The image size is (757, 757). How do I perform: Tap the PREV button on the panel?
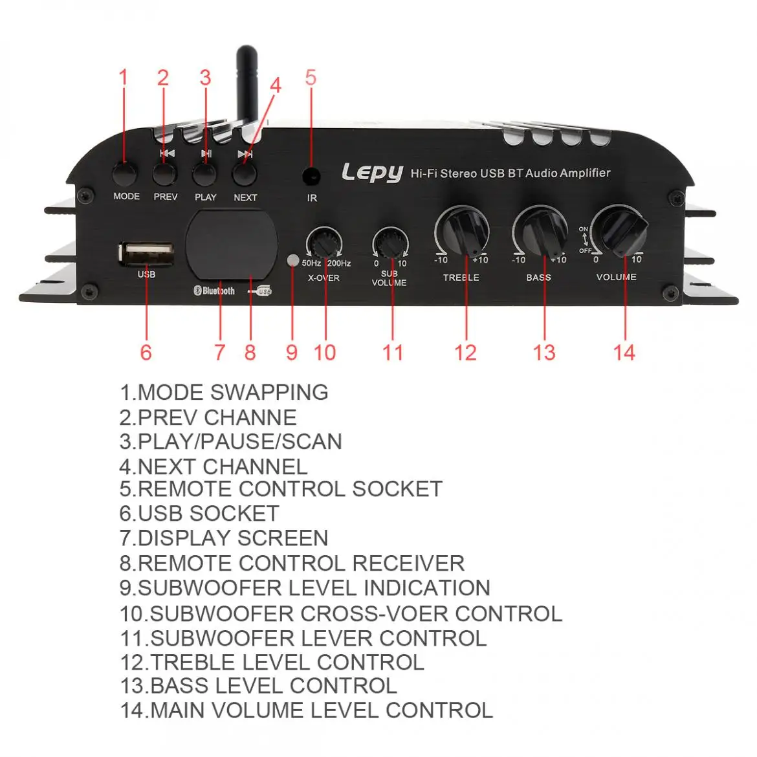pyautogui.click(x=165, y=174)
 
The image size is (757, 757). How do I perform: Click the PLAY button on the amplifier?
pyautogui.click(x=205, y=174)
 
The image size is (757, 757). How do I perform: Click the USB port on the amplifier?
pyautogui.click(x=146, y=254)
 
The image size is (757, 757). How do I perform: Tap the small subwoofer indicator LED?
pyautogui.click(x=292, y=261)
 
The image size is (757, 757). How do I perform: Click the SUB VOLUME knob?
pyautogui.click(x=390, y=244)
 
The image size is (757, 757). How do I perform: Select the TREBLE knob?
pyautogui.click(x=462, y=231)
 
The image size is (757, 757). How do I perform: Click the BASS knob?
pyautogui.click(x=540, y=231)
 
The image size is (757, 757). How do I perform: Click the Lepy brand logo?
pyautogui.click(x=372, y=173)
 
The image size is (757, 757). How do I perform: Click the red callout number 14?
pyautogui.click(x=624, y=353)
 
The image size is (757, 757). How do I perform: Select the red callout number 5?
pyautogui.click(x=311, y=78)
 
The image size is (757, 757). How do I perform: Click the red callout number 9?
pyautogui.click(x=292, y=353)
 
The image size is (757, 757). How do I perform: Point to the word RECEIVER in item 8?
pyautogui.click(x=408, y=564)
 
